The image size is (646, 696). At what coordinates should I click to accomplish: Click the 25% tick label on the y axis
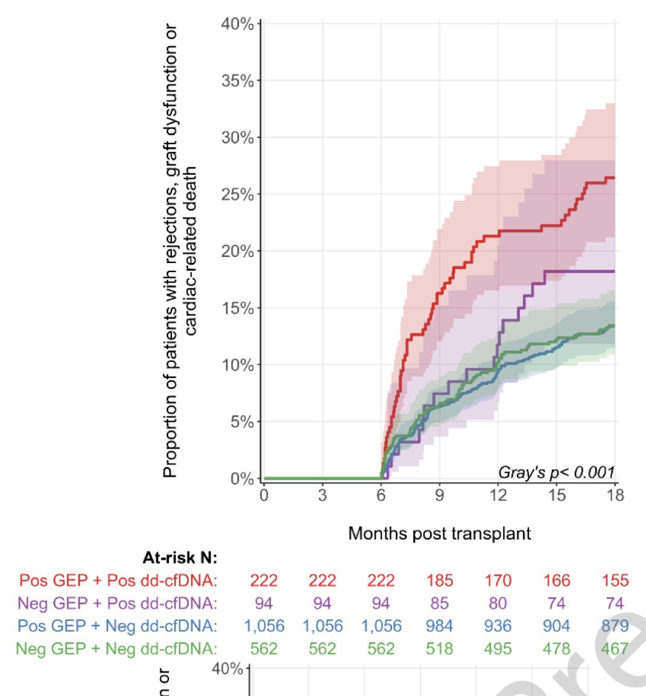point(237,195)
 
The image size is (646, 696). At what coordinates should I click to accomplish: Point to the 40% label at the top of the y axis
point(237,24)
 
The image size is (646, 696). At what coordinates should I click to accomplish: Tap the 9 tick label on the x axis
point(440,495)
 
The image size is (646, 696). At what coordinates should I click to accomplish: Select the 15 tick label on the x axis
point(557,495)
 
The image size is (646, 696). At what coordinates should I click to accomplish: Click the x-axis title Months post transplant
point(440,533)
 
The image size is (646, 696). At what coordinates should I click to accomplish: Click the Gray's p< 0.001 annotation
point(556,472)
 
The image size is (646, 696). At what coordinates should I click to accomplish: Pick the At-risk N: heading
point(180,558)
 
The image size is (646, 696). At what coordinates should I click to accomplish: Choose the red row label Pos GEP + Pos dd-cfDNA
point(118,580)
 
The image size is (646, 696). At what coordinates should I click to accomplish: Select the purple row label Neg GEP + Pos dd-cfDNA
point(118,603)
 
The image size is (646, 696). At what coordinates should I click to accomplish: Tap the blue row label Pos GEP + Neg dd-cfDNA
point(117,626)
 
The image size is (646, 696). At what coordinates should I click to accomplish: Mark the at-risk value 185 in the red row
point(439,580)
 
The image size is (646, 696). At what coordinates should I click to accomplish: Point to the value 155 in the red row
point(615,580)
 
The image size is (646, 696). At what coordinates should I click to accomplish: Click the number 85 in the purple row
point(439,603)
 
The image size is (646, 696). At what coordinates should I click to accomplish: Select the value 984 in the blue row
point(439,626)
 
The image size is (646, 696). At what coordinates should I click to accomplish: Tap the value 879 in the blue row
point(615,626)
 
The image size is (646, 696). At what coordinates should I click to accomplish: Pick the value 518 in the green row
point(439,649)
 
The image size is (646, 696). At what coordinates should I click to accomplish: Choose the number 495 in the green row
point(498,649)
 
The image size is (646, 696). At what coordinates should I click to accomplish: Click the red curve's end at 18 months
point(613,177)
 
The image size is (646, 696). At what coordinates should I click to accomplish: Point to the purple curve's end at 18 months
point(613,271)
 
